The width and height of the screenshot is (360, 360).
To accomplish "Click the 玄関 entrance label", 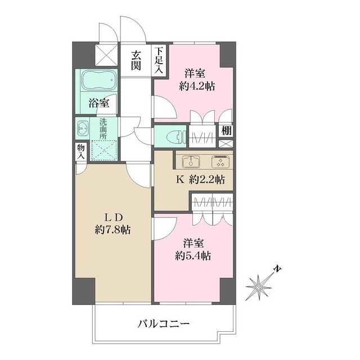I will click(137, 60).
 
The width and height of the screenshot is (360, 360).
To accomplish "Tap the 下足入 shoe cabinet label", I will click(159, 60).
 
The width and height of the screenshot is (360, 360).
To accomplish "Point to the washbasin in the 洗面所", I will click(83, 128).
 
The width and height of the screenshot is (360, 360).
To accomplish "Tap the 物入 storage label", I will click(80, 151).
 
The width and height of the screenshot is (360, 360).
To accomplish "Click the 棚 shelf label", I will click(226, 130).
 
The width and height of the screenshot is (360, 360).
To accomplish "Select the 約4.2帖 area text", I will click(197, 86).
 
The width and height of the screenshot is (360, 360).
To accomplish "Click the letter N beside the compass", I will click(277, 269).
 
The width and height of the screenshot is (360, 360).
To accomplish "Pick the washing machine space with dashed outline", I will click(103, 150).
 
